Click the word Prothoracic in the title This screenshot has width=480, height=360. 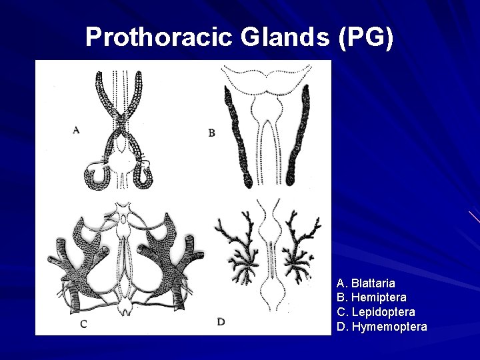[157, 37]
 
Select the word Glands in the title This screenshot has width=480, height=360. [281, 37]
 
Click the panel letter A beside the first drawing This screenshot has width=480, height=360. [76, 131]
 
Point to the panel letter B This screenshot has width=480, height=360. [211, 133]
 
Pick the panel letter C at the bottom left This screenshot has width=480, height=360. [83, 324]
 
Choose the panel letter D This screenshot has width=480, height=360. [221, 322]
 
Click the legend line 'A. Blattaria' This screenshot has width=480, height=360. [366, 283]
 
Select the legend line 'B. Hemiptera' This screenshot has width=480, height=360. [371, 297]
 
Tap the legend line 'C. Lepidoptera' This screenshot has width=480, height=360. [376, 312]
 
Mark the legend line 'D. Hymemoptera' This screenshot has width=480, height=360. [382, 327]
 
